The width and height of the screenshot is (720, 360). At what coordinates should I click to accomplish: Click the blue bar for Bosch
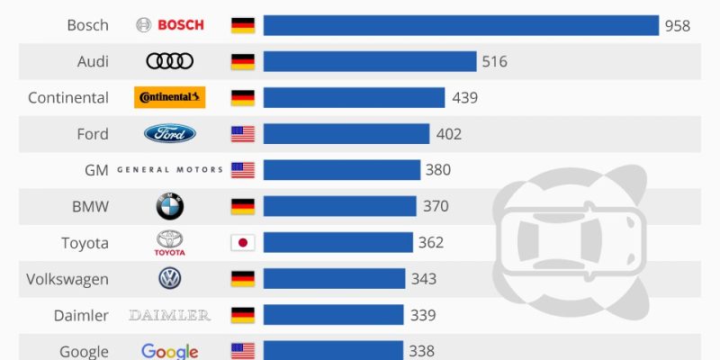pos(461,25)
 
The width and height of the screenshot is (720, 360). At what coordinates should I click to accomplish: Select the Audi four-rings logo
pos(170,61)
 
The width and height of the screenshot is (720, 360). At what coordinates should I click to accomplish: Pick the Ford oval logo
pos(170,134)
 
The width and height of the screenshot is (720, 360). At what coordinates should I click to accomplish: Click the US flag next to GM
pos(243,170)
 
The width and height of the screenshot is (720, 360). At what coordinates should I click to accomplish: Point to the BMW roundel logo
pos(170,207)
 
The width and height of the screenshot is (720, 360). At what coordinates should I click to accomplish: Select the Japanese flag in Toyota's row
pos(243,243)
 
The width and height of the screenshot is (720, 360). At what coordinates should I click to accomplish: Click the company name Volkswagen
pos(67,279)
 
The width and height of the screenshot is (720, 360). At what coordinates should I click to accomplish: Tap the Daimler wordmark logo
pos(170,315)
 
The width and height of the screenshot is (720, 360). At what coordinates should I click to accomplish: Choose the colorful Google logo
pos(170,351)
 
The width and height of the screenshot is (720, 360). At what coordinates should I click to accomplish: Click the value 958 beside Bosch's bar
pos(678,26)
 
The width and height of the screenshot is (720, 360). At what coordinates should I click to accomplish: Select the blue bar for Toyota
pos(337,243)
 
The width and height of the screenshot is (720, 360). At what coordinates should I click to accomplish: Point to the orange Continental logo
pos(170,97)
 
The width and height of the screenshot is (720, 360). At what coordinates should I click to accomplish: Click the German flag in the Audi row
pos(243,61)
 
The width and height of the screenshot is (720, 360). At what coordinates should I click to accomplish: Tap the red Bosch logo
pos(170,25)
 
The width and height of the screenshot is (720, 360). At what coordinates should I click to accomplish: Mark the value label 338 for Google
pos(421,352)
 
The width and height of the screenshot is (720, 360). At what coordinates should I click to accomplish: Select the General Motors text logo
pos(170,170)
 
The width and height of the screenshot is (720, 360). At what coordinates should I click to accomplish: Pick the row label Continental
pos(68,98)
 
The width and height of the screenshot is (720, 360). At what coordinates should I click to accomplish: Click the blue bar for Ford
pos(346,134)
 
